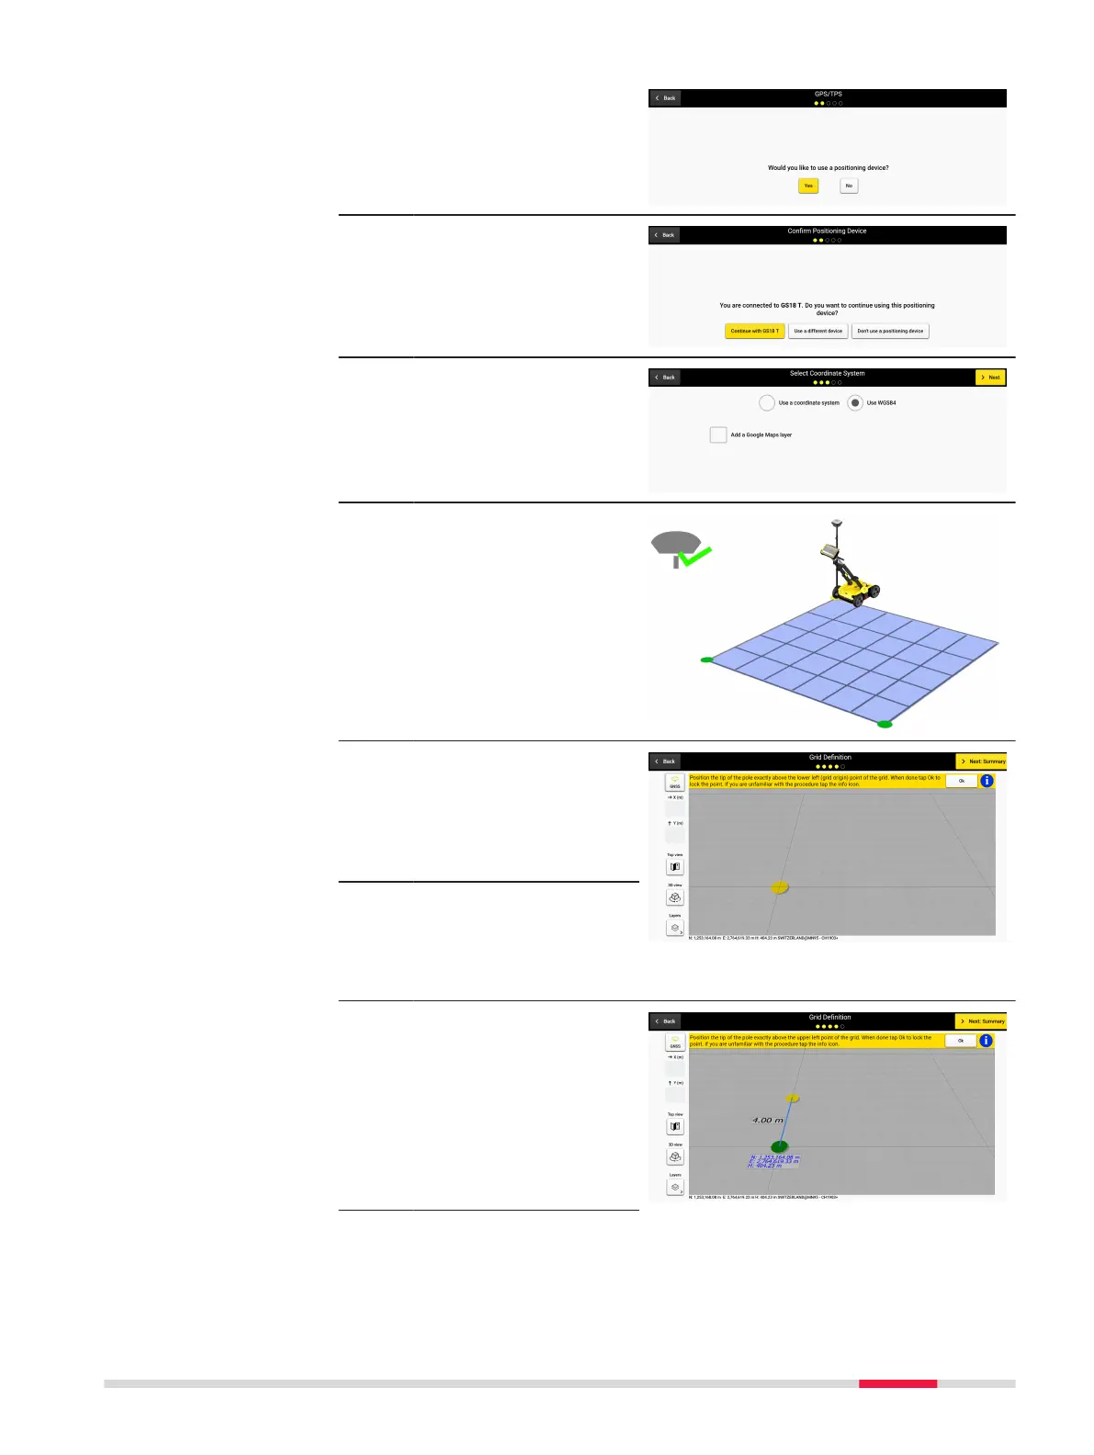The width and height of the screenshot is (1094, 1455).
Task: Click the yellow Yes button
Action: [808, 186]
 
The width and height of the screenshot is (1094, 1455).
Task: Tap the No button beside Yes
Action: [849, 186]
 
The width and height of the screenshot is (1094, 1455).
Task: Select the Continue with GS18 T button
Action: [754, 331]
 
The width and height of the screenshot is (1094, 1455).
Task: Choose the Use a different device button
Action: [818, 331]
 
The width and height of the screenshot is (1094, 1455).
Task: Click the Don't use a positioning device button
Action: [890, 331]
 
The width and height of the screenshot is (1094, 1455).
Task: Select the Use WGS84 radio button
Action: [855, 403]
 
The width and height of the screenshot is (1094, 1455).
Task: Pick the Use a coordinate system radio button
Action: [767, 403]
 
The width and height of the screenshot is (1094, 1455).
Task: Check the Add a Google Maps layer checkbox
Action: [718, 434]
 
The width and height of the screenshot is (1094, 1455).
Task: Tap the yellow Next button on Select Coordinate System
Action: [990, 378]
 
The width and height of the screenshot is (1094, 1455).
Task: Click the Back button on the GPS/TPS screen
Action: [665, 98]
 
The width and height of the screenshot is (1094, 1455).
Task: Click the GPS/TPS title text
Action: [828, 94]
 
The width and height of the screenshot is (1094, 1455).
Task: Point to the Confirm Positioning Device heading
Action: [827, 231]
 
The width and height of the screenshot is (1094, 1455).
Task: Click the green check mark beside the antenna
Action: [694, 556]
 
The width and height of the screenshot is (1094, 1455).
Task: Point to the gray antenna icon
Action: [675, 544]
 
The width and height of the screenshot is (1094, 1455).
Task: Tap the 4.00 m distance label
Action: [768, 1121]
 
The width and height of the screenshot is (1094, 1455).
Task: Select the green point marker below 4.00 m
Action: [779, 1146]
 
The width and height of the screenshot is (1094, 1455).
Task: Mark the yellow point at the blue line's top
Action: [793, 1098]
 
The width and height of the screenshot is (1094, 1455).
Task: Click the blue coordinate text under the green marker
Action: [773, 1161]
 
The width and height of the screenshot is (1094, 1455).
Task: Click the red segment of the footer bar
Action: [897, 1383]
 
